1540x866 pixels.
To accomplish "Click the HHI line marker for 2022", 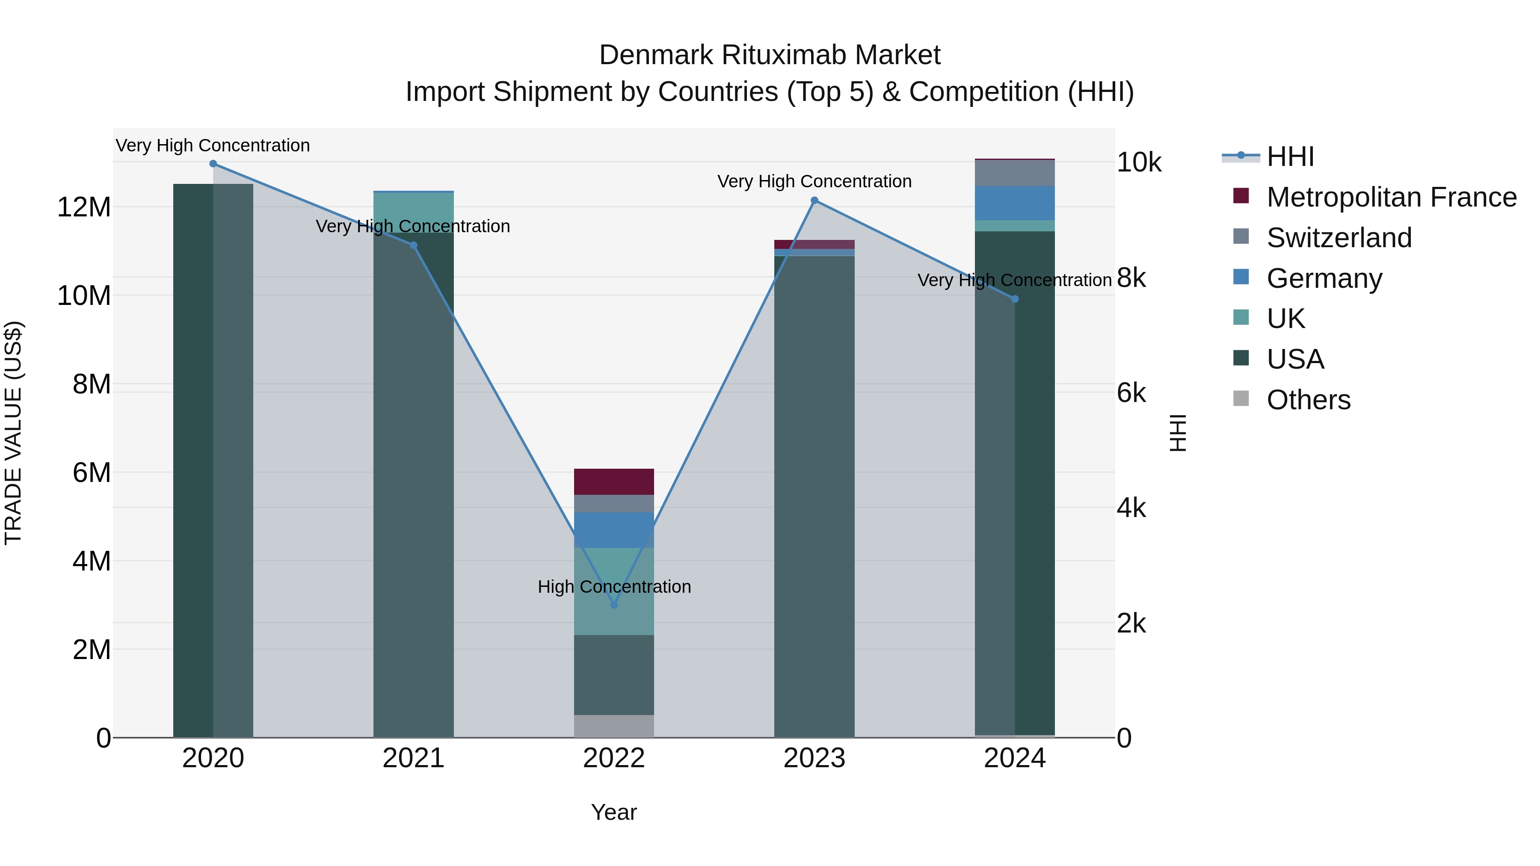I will tap(613, 605).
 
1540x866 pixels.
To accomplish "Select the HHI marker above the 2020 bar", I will tap(213, 164).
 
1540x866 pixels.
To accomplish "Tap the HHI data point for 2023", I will tap(814, 201).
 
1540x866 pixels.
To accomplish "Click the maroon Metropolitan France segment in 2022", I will tap(613, 482).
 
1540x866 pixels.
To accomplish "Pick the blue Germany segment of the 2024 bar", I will tap(1015, 203).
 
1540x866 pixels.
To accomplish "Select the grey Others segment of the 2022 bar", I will tap(613, 726).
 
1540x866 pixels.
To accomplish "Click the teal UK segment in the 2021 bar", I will tap(413, 212).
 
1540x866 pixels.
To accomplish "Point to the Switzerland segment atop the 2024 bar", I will tap(1015, 173).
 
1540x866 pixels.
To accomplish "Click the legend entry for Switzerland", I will tap(1339, 238).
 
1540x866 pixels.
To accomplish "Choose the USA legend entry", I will tap(1295, 359).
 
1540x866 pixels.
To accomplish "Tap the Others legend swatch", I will tap(1241, 399).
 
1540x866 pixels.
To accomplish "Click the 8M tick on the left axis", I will tap(92, 384).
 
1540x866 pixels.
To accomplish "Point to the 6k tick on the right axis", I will tap(1131, 393).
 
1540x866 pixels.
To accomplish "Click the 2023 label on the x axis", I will tap(814, 758).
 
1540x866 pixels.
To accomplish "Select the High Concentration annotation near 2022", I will tap(613, 587).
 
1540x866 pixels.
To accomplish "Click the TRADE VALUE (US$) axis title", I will tap(13, 433).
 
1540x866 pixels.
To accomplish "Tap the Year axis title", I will tap(613, 812).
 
